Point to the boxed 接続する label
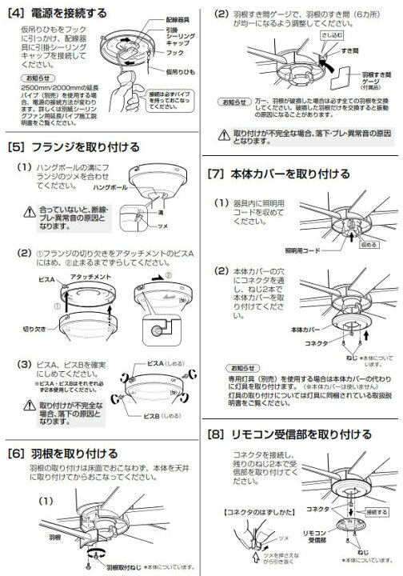click(378, 509)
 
